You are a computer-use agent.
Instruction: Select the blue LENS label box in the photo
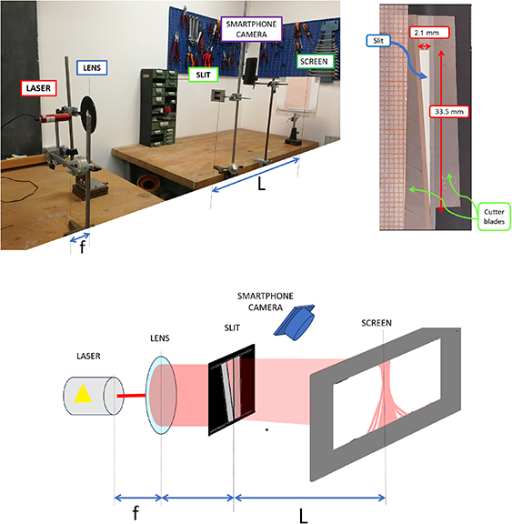pyautogui.click(x=93, y=68)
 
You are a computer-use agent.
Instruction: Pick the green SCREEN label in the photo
pyautogui.click(x=315, y=63)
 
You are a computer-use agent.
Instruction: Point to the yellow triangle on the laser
pyautogui.click(x=83, y=394)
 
